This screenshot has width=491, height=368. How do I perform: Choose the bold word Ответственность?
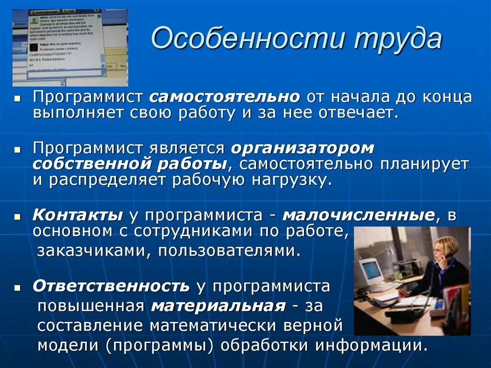pos(111,286)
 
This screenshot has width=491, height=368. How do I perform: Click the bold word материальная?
pos(218,306)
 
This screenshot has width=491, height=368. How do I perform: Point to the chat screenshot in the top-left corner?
pos(70,47)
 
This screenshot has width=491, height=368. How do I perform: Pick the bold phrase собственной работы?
pos(130,164)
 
